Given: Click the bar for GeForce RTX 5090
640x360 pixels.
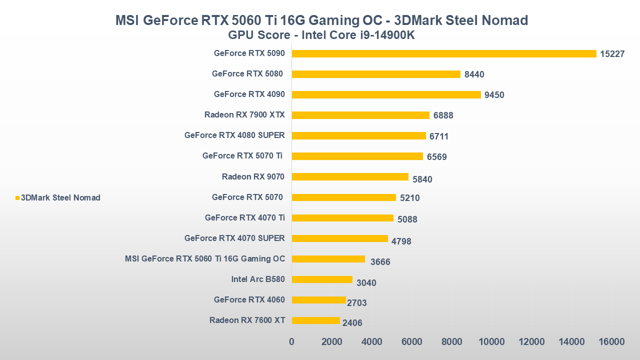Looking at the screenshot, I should (x=444, y=53).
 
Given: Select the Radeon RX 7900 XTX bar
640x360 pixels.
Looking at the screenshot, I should (x=360, y=115).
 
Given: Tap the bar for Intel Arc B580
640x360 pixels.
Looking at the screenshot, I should (x=322, y=279).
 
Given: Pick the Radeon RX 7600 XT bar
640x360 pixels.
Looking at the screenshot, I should (x=315, y=320).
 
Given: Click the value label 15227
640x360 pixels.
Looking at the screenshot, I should (x=612, y=54).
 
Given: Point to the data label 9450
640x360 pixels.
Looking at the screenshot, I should (x=494, y=95).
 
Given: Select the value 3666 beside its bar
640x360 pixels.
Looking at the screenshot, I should (x=380, y=262).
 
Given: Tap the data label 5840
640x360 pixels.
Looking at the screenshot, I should (x=422, y=179).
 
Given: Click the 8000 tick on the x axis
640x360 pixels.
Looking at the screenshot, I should (x=451, y=342).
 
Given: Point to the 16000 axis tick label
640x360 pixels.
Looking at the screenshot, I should (x=611, y=342).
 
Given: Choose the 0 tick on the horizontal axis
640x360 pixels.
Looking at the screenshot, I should (x=291, y=342).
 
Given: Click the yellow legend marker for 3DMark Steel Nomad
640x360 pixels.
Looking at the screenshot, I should (x=17, y=198).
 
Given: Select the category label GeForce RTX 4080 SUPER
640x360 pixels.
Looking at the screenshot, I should (x=234, y=135).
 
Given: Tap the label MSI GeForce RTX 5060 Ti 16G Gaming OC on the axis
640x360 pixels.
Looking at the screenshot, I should (x=205, y=259).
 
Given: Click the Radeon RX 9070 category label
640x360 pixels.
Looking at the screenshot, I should (x=253, y=176).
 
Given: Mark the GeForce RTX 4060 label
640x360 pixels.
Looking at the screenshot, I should (x=249, y=300).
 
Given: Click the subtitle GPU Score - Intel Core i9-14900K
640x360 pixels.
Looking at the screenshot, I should (x=321, y=35).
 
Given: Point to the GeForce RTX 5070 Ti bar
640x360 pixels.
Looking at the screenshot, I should (x=357, y=156).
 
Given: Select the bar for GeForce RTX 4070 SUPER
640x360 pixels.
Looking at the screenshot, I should (x=339, y=238).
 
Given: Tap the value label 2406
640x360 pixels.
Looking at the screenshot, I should (x=352, y=323).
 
